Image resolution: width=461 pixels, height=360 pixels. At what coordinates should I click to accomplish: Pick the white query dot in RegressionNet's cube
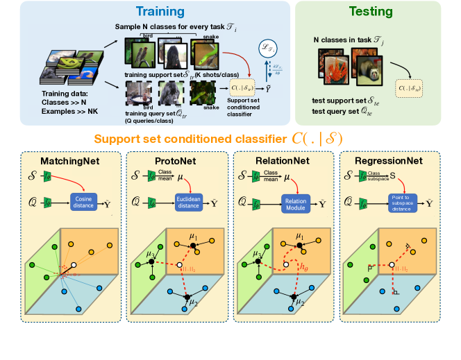[394, 265]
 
